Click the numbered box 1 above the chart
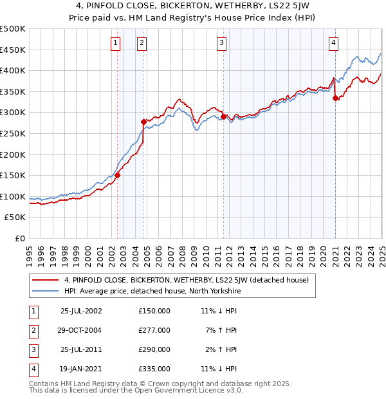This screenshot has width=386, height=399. coord(116,43)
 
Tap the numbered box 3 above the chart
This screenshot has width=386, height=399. coord(221,43)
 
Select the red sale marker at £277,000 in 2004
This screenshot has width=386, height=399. coord(143,121)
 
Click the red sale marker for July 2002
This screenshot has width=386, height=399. coord(118,174)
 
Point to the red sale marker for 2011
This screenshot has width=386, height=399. coord(223,116)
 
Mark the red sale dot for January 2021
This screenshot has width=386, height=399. coord(335,98)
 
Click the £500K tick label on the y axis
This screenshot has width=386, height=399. coord(14,29)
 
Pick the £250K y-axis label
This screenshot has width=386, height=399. coord(14,133)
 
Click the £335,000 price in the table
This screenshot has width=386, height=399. coord(154,369)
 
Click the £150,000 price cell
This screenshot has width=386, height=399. coord(154,311)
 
